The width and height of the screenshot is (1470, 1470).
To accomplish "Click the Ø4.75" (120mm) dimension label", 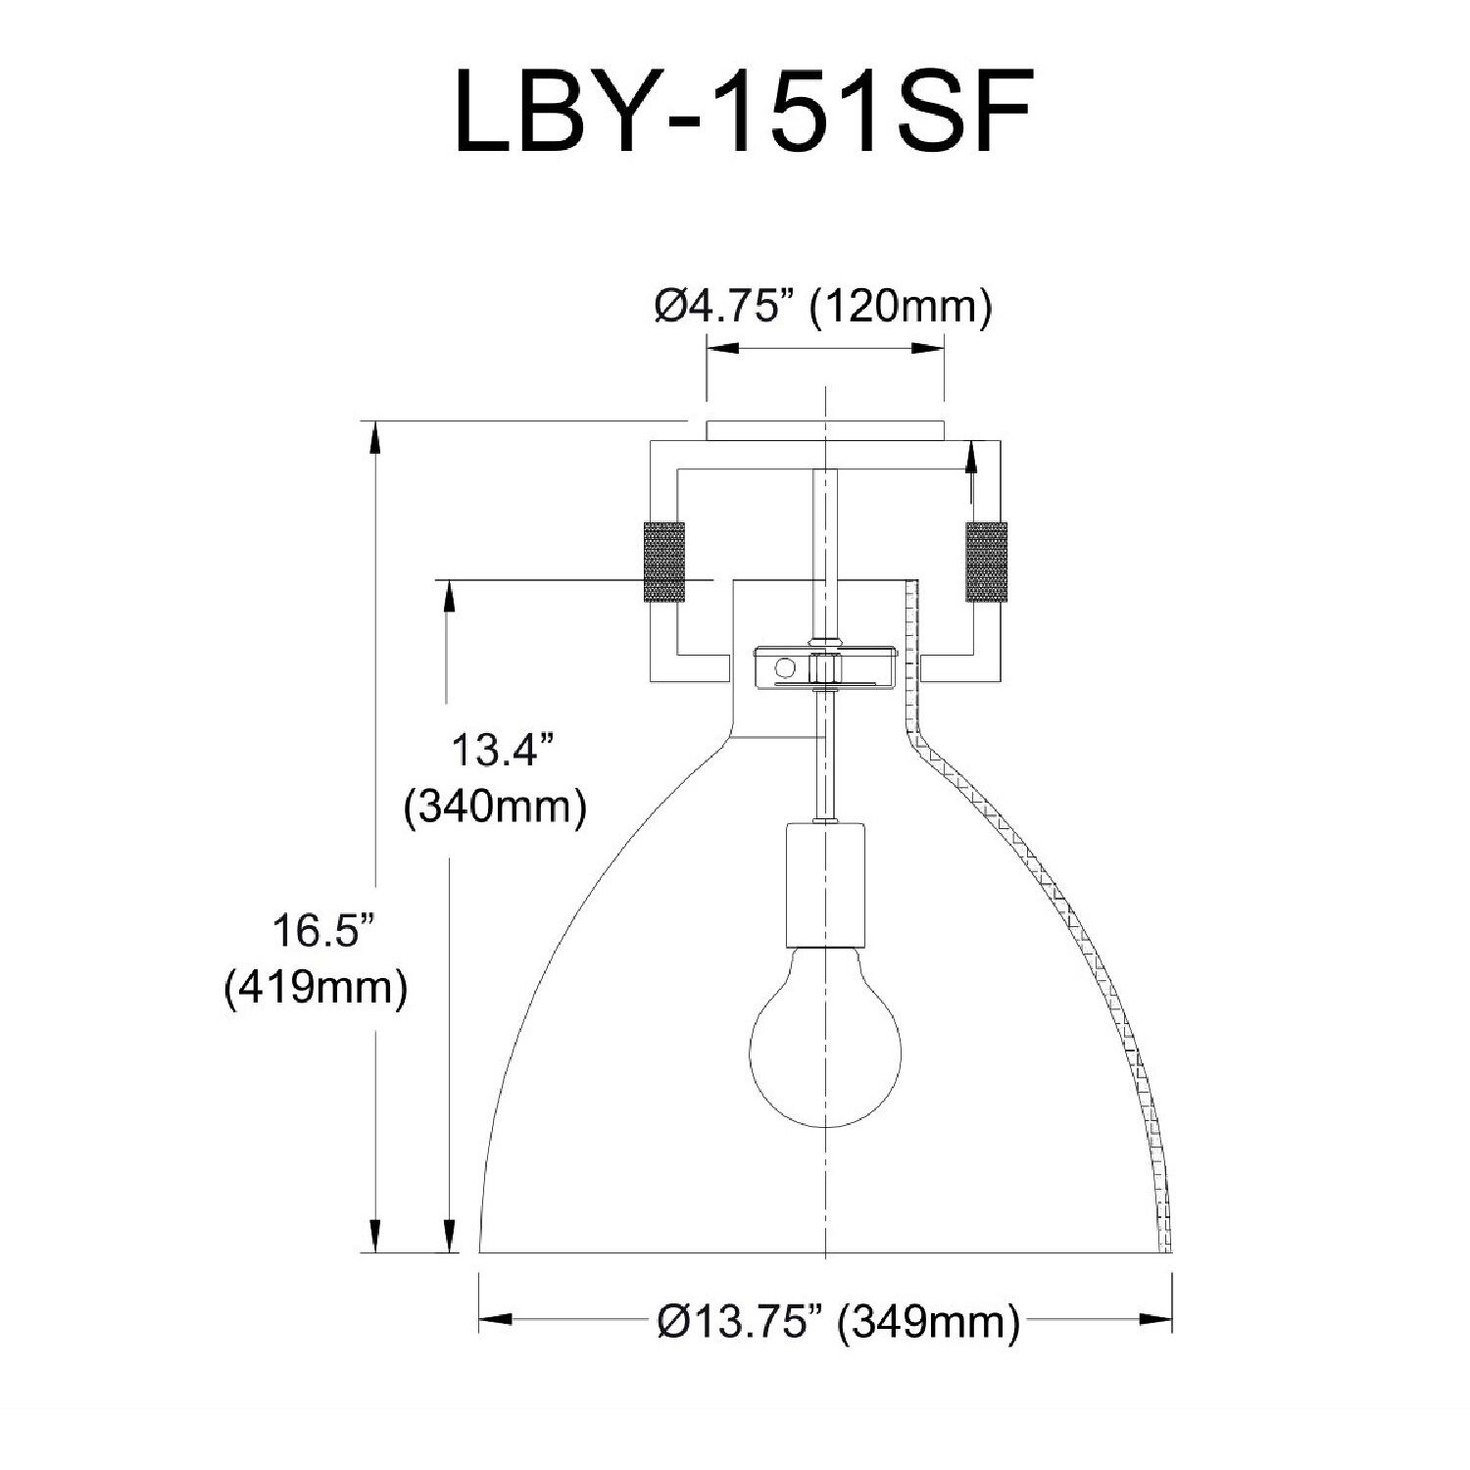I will click(x=823, y=307).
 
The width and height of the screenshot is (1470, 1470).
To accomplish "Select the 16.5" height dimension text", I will click(x=324, y=931).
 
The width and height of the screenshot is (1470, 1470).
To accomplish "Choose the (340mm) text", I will click(x=496, y=808).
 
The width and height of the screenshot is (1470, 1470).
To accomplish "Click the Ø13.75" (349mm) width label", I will click(x=839, y=1322).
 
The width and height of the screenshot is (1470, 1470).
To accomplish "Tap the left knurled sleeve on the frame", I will click(x=663, y=562).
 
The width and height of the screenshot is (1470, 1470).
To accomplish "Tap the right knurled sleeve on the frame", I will click(x=986, y=562).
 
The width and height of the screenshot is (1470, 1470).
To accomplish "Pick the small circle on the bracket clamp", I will click(x=784, y=668).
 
